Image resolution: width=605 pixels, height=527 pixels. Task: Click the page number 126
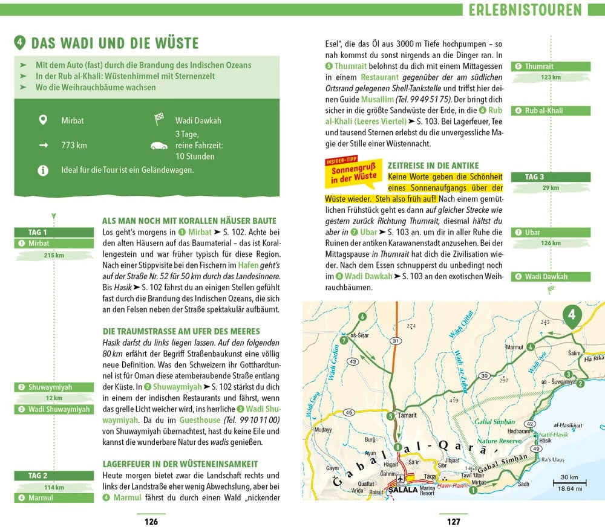tap(151, 522)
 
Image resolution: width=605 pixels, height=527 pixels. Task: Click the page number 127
tap(453, 522)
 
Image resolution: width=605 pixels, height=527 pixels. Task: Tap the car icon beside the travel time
tap(159, 146)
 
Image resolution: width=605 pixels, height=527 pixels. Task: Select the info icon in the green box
tap(42, 170)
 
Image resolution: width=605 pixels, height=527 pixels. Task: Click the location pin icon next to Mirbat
tap(42, 120)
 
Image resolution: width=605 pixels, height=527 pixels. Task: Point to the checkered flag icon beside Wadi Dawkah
tap(159, 119)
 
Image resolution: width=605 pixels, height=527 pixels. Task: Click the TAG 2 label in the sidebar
tap(38, 476)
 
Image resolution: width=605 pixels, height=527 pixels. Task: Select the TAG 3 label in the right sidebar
tap(534, 177)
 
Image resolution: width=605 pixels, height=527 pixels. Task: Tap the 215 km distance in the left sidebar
tap(54, 255)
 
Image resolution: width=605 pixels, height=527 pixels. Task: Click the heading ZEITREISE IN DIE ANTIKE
tap(433, 166)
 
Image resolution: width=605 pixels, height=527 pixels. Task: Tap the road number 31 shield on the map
tap(396, 341)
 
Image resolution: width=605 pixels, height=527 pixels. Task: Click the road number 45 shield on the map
tap(348, 412)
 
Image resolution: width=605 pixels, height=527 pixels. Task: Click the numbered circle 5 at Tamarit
tap(390, 416)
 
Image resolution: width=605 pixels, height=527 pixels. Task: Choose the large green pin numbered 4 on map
tap(572, 315)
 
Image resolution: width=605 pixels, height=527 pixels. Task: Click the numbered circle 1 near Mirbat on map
tap(473, 490)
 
